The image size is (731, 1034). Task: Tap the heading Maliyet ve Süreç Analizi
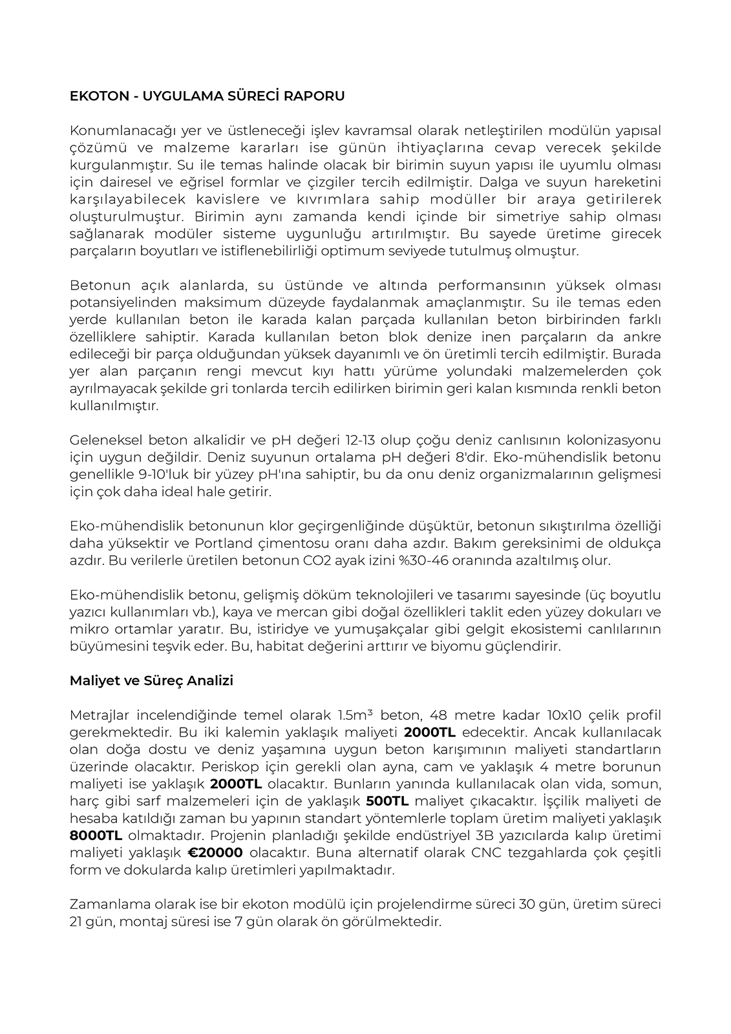pos(151,681)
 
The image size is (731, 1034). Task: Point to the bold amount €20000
pos(215,852)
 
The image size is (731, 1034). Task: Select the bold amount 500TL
pos(387,801)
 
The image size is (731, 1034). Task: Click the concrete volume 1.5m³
pos(355,715)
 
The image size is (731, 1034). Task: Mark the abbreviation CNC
pos(487,852)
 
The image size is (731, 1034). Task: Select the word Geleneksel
pos(105,441)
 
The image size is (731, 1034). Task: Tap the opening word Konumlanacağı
pos(116,131)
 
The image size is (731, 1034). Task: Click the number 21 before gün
pos(76,922)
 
